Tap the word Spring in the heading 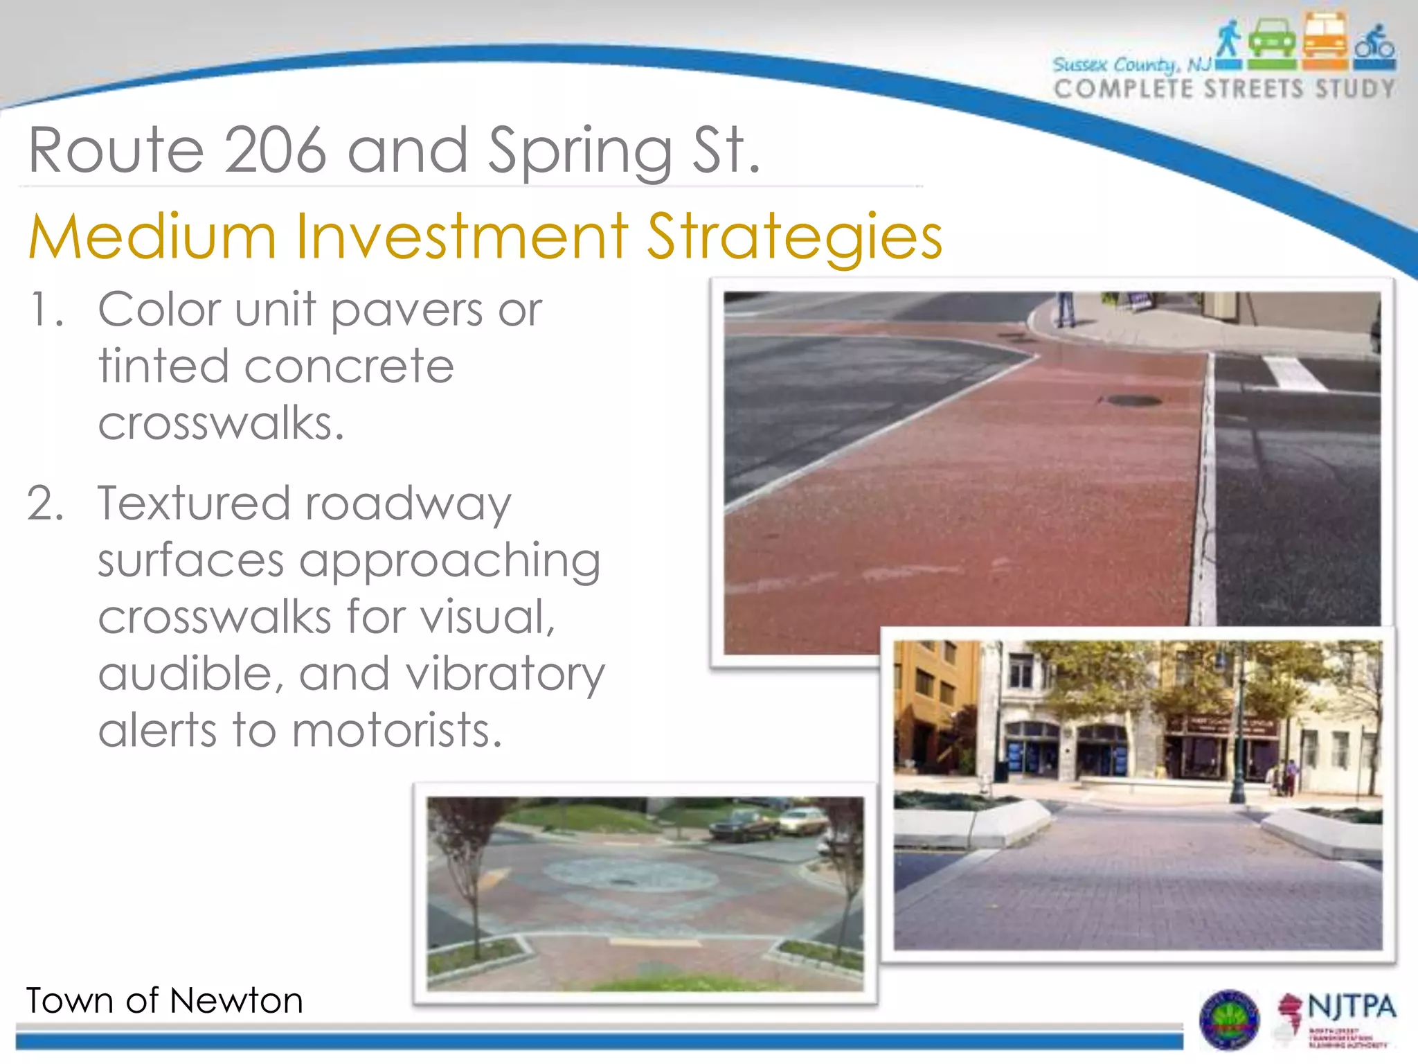580,152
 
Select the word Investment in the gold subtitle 463,237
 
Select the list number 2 44,504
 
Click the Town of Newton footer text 165,1001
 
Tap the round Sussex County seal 1229,1020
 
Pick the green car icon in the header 1272,42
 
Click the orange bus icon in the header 1325,40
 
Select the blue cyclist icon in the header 1375,44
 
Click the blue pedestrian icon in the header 1228,40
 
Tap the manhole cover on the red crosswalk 1132,400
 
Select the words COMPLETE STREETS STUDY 1224,89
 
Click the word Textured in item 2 194,504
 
